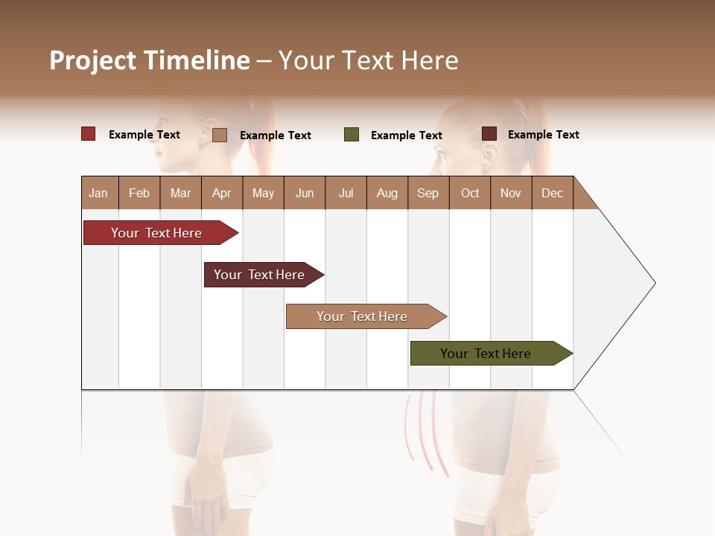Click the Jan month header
pos(99,193)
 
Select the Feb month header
pos(139,193)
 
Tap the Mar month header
pos(180,193)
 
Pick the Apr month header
pos(222,193)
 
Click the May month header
pos(263,193)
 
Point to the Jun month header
pos(305,193)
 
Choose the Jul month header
pos(346,193)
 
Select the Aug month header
pos(387,193)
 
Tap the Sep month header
pos(428,193)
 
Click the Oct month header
pos(470,193)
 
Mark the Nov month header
pos(511,193)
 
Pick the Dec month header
pos(553,193)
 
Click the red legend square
pos(89,134)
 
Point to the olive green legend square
pos(352,135)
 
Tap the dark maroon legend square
pos(489,134)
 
